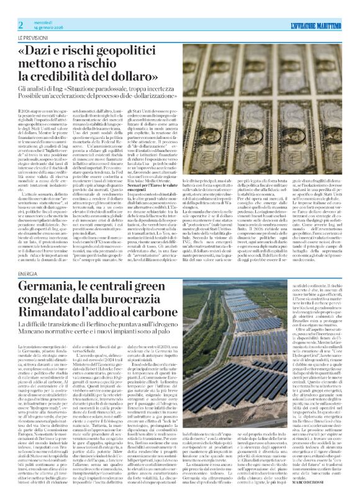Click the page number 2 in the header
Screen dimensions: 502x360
[x=20, y=24]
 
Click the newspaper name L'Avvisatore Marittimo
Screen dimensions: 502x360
[x=315, y=25]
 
